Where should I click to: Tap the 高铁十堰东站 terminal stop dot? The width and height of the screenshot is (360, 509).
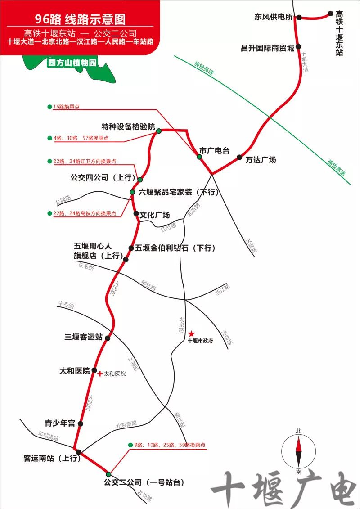click(x=331, y=14)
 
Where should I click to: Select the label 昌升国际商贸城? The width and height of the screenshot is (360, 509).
click(x=267, y=48)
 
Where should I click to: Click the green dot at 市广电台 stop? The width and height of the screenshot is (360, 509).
click(x=199, y=157)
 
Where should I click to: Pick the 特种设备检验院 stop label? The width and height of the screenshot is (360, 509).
click(x=128, y=126)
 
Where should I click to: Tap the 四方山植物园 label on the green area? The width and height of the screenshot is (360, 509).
click(x=72, y=63)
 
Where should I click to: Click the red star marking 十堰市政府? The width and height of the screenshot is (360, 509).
click(x=192, y=333)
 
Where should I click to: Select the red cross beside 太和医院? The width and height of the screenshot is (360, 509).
click(x=100, y=374)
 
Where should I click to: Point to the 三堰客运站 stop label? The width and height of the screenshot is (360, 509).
click(x=84, y=337)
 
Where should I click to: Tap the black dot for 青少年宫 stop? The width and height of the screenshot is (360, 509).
click(x=80, y=423)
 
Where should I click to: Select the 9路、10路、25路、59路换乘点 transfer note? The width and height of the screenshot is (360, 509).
click(x=170, y=445)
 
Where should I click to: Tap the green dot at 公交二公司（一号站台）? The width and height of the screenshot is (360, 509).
click(x=108, y=474)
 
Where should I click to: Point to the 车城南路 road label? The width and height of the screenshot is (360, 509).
click(x=48, y=437)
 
